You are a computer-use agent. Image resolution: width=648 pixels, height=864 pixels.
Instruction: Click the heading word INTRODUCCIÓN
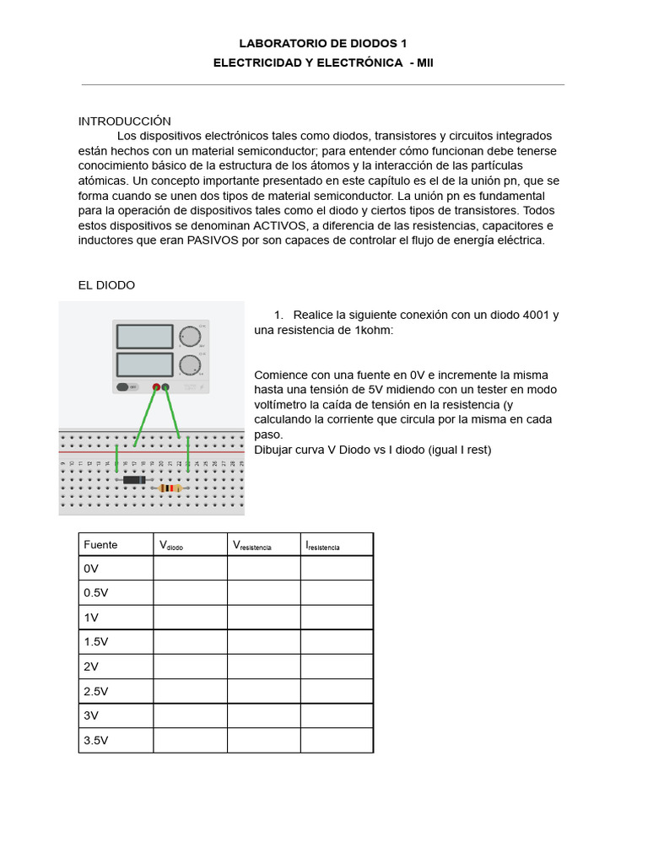click(x=125, y=121)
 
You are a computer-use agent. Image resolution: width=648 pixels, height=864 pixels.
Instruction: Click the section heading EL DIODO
click(x=106, y=285)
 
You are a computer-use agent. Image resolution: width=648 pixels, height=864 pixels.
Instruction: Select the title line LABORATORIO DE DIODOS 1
click(x=323, y=43)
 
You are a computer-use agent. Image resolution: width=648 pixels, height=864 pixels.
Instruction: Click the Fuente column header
click(x=100, y=545)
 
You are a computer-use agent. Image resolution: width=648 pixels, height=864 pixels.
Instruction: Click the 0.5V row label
click(x=96, y=592)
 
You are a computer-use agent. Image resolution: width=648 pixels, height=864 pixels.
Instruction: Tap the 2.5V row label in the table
click(x=96, y=691)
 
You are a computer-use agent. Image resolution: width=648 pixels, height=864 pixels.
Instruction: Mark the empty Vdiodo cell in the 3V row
click(x=190, y=715)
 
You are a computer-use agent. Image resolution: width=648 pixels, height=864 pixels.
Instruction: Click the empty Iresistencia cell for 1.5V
click(x=337, y=641)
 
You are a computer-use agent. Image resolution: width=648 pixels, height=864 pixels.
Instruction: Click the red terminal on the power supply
click(x=156, y=387)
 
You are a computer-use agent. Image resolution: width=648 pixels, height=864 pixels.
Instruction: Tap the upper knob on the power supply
click(x=190, y=336)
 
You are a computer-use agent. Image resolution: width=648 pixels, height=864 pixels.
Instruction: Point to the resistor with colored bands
click(x=170, y=488)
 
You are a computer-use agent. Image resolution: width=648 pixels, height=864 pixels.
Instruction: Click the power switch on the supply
click(x=127, y=387)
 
